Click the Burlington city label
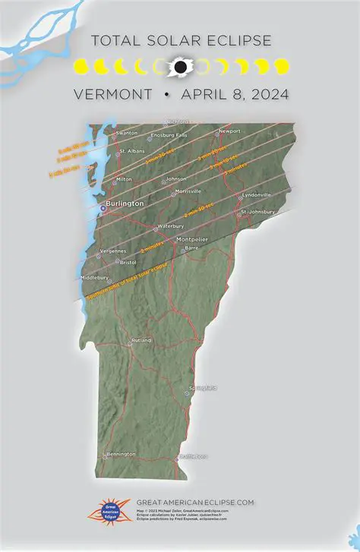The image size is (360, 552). point(125,203)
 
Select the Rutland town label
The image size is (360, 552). point(142,340)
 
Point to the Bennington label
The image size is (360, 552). point(121,454)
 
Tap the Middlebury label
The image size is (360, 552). point(95,278)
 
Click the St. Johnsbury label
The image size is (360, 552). point(257,212)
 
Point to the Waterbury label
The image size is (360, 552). point(170,226)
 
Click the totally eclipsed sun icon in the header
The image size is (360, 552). point(180,67)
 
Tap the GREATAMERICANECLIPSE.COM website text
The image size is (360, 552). point(195,502)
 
